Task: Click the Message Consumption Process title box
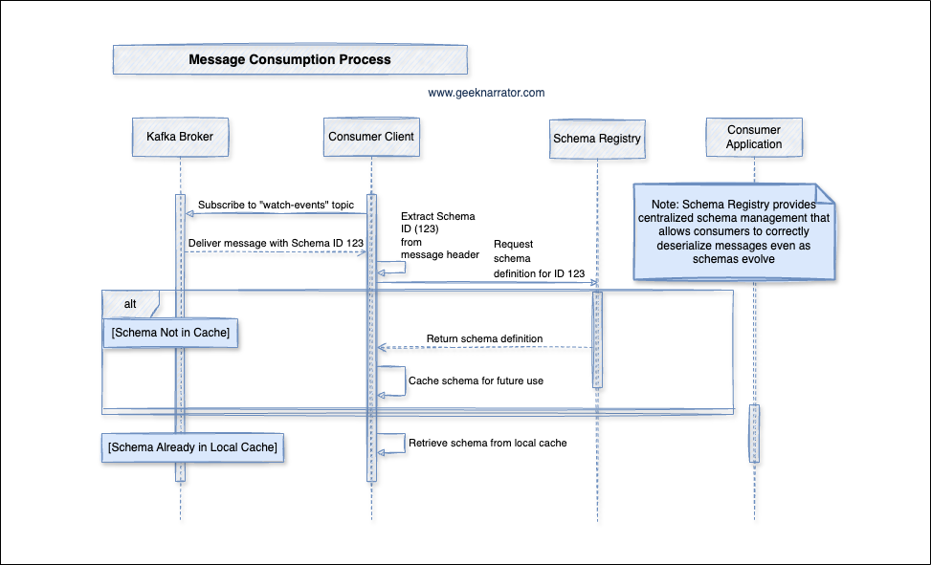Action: tap(290, 59)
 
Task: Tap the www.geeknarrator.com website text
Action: tap(486, 93)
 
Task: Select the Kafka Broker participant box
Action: tap(180, 137)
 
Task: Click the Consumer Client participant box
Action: tap(371, 137)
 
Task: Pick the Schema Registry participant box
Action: tap(597, 139)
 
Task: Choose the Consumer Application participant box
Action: tap(754, 137)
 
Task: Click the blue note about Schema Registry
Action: tap(735, 232)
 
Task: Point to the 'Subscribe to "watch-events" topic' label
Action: tap(276, 206)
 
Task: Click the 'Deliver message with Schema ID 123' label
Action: tap(276, 243)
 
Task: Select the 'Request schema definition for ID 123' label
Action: tap(539, 259)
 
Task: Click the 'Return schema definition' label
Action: tap(485, 338)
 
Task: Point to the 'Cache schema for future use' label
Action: tap(476, 380)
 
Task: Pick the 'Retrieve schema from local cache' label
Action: tap(488, 443)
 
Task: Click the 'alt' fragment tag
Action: tap(130, 304)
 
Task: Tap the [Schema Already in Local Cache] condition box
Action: tap(193, 447)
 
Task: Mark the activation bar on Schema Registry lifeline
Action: tap(597, 339)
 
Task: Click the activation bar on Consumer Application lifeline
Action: tap(754, 433)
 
